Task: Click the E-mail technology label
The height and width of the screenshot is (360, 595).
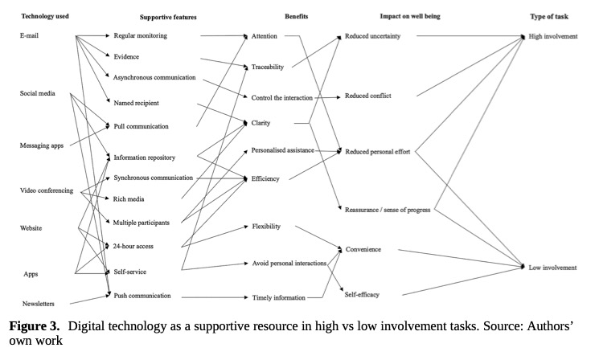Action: pyautogui.click(x=31, y=36)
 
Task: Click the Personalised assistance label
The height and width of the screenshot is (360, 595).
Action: pyautogui.click(x=284, y=150)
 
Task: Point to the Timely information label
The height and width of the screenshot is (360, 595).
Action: pyautogui.click(x=279, y=298)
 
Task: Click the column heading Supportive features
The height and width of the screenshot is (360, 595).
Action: pyautogui.click(x=168, y=16)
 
